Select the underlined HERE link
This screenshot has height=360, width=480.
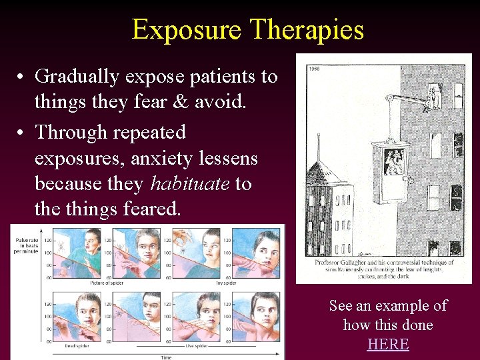pos(387,344)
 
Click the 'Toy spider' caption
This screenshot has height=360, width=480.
pos(225,283)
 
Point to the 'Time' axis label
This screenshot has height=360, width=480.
pos(166,357)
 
